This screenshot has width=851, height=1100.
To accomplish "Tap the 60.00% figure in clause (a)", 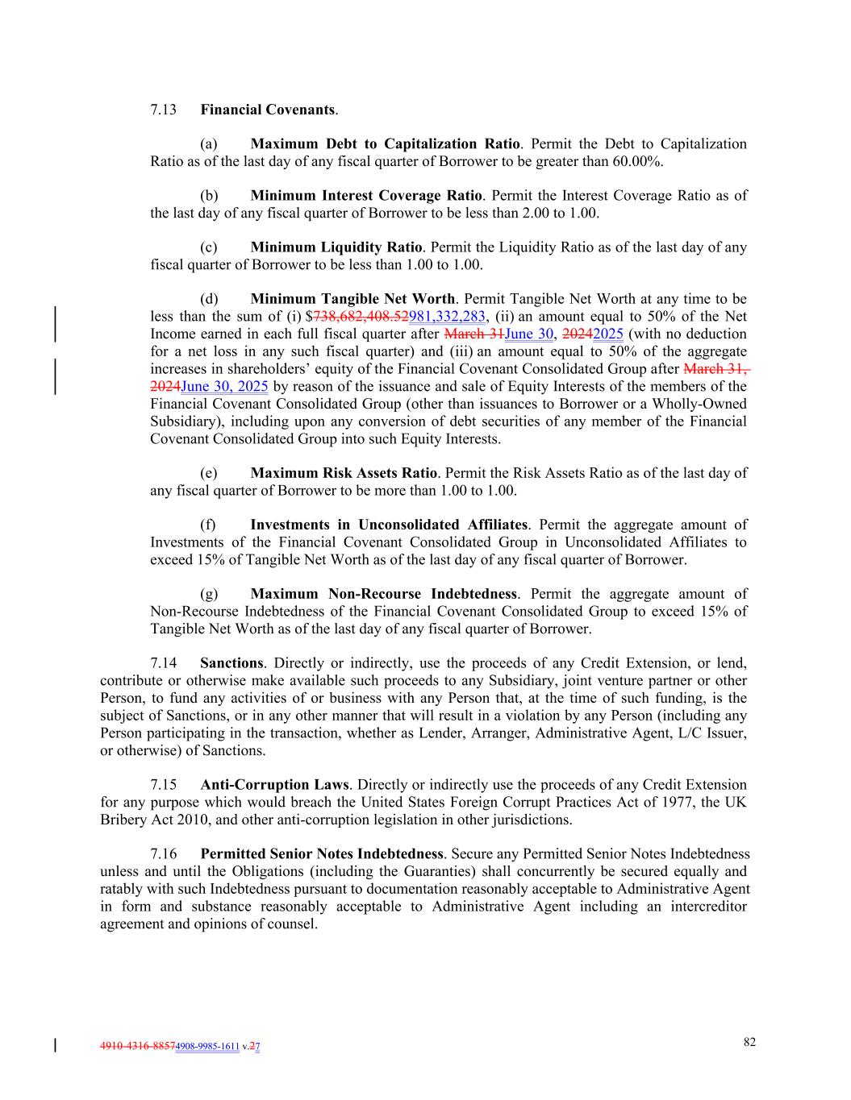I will pos(638,161).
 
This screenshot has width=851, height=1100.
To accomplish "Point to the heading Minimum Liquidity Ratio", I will pos(336,247).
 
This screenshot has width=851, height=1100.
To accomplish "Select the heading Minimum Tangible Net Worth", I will pos(352,300).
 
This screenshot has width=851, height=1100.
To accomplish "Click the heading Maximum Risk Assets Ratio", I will pos(344,473).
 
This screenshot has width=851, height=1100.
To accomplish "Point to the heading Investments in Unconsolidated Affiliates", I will pos(389,525).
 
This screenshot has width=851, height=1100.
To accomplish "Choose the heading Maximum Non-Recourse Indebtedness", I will pos(383,594).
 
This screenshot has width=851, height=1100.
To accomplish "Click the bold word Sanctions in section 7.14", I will pos(232,663).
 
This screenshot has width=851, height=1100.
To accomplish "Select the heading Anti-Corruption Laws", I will pos(274,785).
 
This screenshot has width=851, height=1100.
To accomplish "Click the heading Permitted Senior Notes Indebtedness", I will pos(322,854).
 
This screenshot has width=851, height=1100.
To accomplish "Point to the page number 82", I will pos(749,1042).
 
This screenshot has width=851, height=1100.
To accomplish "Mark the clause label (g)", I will pos(209,594).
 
